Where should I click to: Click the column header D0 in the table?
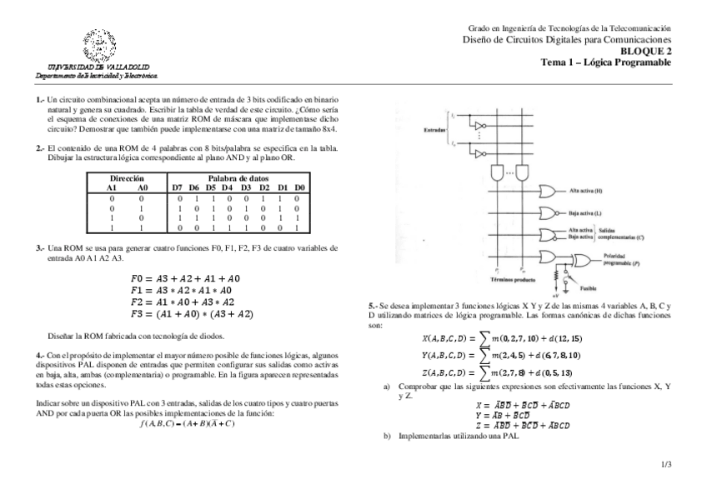[299, 188]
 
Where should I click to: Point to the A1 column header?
[112, 188]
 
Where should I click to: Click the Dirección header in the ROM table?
[127, 178]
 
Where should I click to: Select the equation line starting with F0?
[186, 278]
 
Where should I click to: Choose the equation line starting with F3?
[192, 315]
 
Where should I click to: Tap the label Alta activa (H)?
[587, 191]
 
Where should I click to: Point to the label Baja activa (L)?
[586, 213]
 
